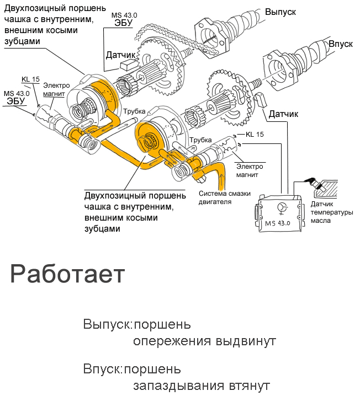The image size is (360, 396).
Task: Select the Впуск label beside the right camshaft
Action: click(340, 44)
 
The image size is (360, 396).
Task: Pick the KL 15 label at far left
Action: click(30, 79)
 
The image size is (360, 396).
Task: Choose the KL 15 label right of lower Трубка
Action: click(255, 134)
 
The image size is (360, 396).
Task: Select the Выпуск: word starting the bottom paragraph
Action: click(108, 324)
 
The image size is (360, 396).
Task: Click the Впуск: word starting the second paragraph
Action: click(103, 368)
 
